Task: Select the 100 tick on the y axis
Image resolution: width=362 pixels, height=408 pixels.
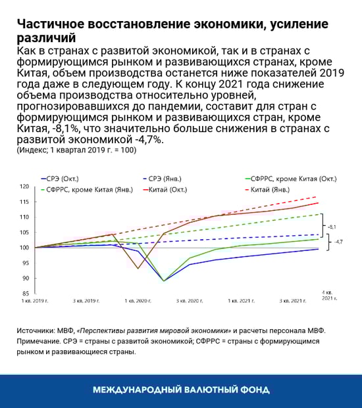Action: [x=25, y=248]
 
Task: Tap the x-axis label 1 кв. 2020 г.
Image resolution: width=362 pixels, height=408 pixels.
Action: [x=138, y=300]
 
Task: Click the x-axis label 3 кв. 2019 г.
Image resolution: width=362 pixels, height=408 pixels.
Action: [x=86, y=300]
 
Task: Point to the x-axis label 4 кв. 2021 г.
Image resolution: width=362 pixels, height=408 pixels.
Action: [x=328, y=294]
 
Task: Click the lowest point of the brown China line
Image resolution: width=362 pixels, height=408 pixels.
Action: [x=138, y=269]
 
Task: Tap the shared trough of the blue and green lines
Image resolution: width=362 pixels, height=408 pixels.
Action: [x=164, y=281]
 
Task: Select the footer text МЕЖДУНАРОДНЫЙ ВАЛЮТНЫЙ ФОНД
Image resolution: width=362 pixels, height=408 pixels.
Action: [x=181, y=389]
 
